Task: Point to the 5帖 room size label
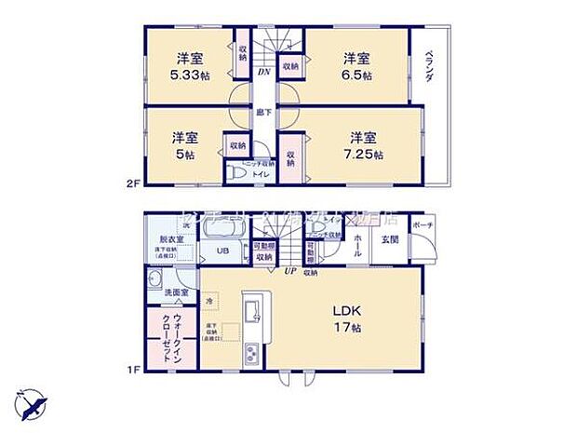point(182,155)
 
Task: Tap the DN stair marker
point(263,70)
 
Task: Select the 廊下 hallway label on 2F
point(264,112)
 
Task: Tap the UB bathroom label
point(223,251)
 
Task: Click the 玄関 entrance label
point(389,239)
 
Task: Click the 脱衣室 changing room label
point(170,239)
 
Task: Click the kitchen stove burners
point(250,354)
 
